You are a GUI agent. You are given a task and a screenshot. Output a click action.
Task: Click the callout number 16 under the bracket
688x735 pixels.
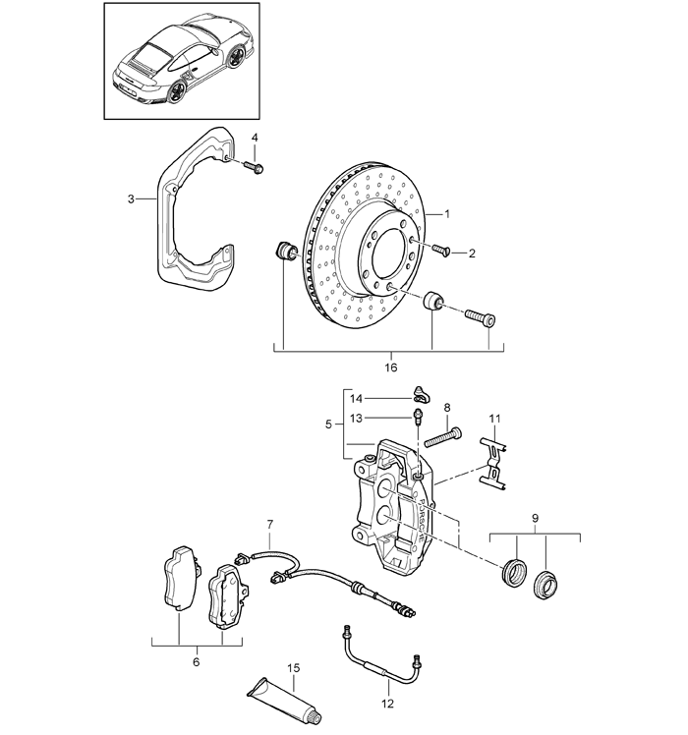[390, 367]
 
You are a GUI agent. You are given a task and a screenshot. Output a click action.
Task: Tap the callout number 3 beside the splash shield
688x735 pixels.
[131, 199]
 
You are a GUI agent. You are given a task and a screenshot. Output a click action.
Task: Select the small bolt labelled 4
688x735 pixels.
[255, 167]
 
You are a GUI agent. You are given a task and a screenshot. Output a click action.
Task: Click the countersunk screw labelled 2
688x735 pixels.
[440, 250]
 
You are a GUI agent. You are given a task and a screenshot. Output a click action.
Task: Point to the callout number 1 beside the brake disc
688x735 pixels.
[447, 214]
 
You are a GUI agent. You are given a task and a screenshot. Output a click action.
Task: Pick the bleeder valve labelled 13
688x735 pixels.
[418, 417]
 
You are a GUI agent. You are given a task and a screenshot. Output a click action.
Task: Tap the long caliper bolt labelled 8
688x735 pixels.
[442, 438]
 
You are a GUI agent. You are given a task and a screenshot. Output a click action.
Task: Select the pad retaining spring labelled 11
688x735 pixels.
[492, 463]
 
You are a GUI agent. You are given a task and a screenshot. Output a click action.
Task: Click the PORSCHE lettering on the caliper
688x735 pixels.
[421, 521]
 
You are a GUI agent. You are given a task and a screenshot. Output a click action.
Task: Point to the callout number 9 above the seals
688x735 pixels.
[535, 519]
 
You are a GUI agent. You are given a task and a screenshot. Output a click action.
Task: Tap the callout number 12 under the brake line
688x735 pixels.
[388, 704]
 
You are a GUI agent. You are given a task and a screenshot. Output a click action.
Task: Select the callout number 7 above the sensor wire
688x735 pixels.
[270, 524]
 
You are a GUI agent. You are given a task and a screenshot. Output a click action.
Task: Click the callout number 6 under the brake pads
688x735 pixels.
[196, 662]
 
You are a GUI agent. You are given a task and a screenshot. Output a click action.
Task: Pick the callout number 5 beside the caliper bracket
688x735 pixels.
[328, 424]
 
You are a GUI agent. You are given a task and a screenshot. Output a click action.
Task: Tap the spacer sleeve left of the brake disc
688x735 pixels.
[284, 251]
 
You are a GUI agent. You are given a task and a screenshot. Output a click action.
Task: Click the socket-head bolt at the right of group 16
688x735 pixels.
[481, 317]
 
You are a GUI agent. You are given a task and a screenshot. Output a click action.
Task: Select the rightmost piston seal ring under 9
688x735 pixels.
[545, 584]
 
